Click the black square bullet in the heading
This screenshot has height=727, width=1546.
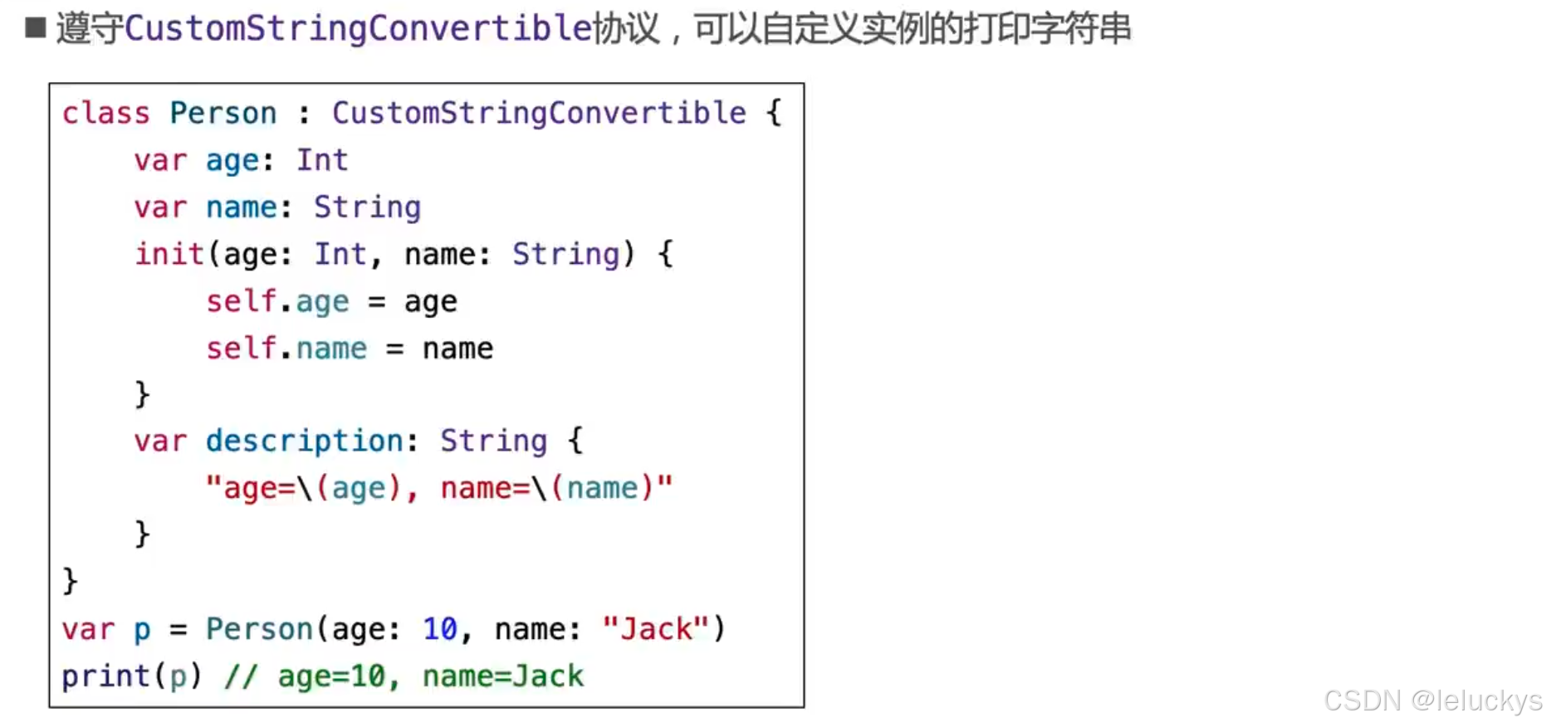(36, 28)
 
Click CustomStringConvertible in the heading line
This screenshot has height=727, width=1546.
(358, 28)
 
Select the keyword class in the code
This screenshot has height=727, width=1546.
(105, 113)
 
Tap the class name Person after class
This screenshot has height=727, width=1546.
(223, 113)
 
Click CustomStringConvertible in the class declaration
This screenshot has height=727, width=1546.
(539, 113)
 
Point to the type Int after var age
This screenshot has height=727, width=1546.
(322, 160)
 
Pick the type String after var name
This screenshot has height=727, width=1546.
(367, 207)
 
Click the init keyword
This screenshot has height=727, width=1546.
(169, 254)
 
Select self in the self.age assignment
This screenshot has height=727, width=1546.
(241, 301)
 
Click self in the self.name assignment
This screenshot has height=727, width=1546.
(241, 349)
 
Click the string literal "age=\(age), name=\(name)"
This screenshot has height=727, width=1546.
(438, 488)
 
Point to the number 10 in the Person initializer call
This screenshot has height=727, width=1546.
(440, 629)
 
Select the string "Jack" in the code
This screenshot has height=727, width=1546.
(656, 629)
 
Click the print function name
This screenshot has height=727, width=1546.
(105, 676)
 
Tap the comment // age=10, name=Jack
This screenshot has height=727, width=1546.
(404, 676)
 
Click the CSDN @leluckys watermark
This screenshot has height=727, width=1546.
(1432, 700)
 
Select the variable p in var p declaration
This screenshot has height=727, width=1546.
(142, 629)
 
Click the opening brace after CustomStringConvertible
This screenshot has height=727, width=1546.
(774, 113)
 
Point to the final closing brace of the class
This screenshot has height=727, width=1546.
(70, 581)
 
